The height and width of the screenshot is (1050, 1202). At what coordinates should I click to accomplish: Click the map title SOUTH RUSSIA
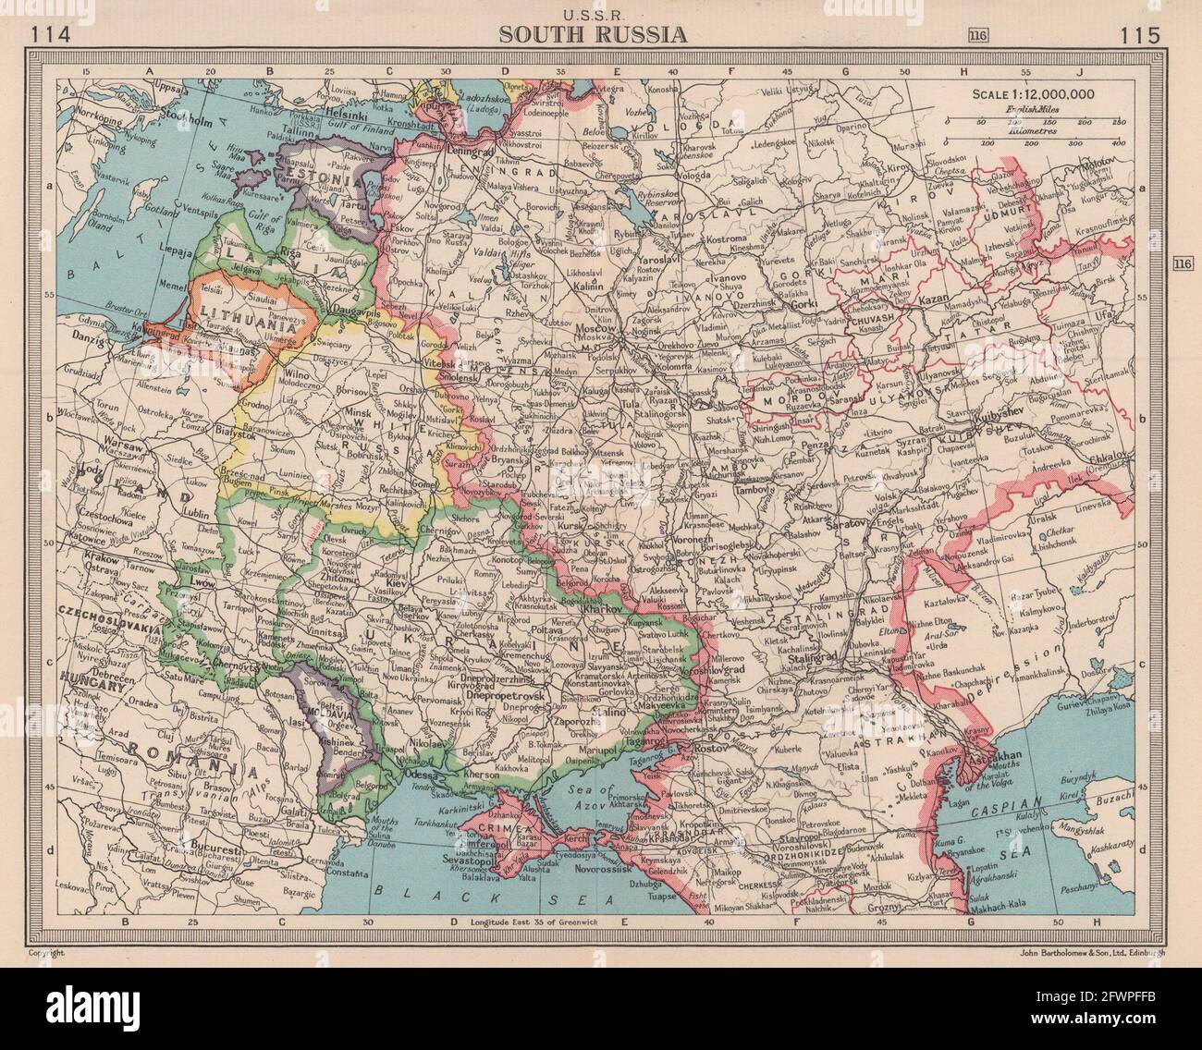(x=593, y=36)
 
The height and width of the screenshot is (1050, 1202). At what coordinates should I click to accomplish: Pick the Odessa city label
(x=420, y=775)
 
